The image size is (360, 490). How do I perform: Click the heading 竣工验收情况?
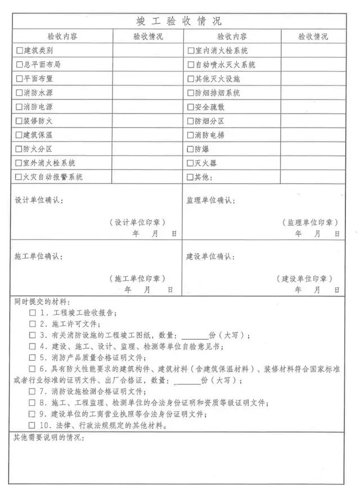pos(179,21)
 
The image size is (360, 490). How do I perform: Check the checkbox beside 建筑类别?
pos(20,51)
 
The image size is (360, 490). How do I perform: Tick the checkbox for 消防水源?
pos(20,93)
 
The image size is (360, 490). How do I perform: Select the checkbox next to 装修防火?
pos(20,121)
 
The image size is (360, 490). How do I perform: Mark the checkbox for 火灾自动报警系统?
pos(20,177)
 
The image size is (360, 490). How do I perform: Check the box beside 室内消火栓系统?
pos(191,51)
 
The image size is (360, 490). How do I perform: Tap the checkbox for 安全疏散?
pos(191,107)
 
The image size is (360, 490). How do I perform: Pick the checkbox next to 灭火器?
pos(191,163)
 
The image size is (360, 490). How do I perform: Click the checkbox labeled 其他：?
pos(191,177)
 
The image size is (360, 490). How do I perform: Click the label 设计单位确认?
pos(39,200)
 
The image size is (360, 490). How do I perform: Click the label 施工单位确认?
pos(39,257)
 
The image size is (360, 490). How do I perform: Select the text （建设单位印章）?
pos(304,278)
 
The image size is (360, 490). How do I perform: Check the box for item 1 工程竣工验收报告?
pos(33,313)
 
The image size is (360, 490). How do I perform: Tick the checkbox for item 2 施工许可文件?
pos(33,324)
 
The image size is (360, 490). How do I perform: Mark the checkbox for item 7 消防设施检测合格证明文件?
pos(33,392)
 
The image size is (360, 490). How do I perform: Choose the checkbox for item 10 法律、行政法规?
pos(33,425)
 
